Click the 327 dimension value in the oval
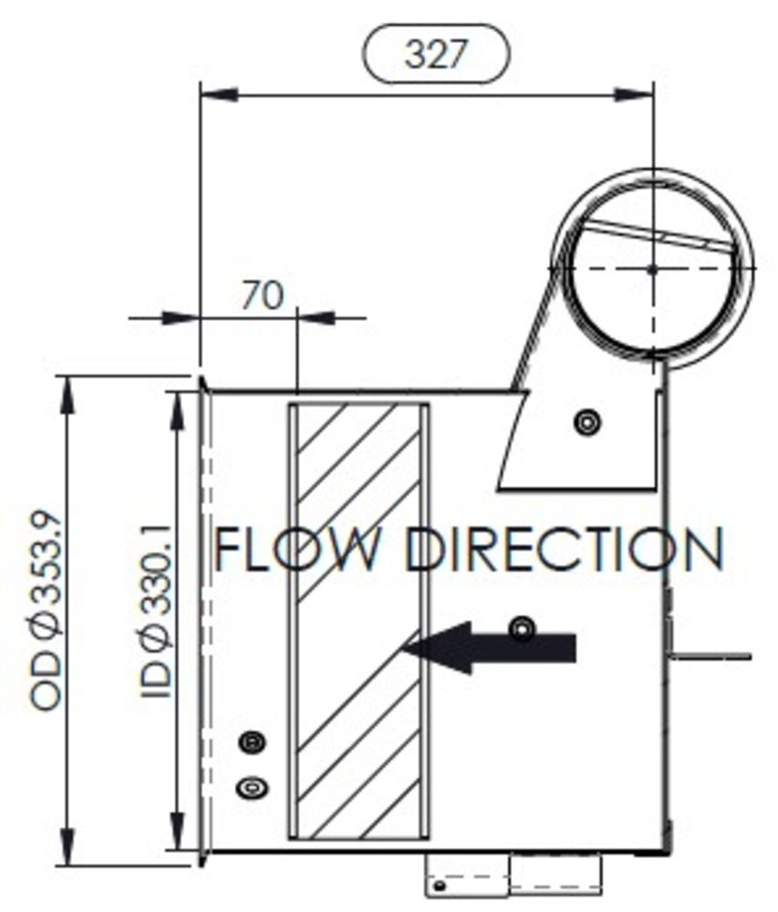click(435, 56)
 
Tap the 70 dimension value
click(264, 295)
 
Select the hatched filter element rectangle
click(358, 620)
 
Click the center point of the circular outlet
click(653, 268)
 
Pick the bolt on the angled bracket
click(588, 421)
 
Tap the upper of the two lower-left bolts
click(252, 742)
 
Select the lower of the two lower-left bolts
click(252, 785)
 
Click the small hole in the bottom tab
click(441, 885)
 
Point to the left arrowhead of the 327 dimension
click(217, 94)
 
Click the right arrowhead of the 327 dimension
click(636, 94)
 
